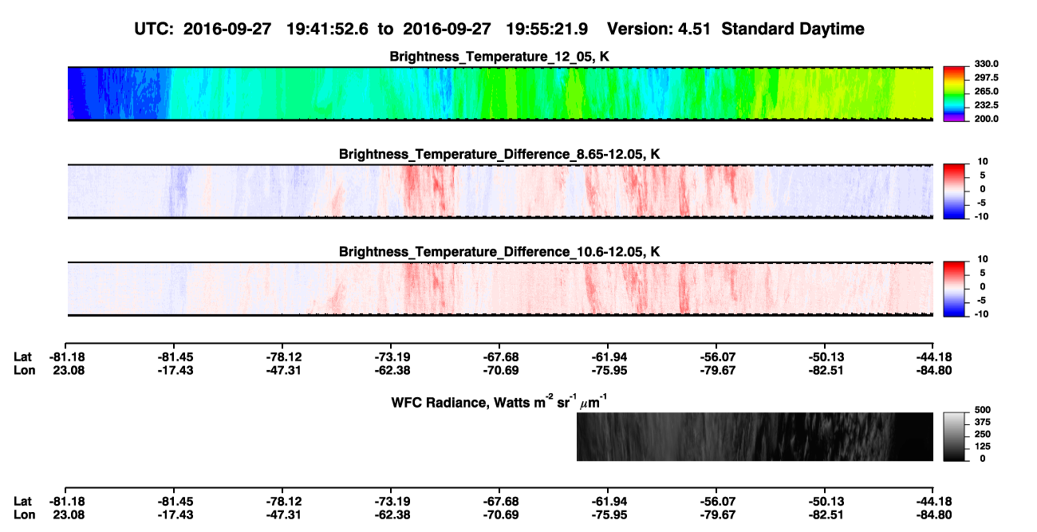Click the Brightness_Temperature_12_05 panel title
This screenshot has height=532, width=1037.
tap(499, 57)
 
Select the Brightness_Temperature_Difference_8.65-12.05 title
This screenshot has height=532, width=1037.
tap(499, 154)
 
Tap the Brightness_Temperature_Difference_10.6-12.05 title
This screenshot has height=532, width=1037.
tap(499, 252)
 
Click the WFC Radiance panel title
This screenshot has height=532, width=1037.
tap(499, 402)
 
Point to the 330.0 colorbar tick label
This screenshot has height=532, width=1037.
tap(986, 64)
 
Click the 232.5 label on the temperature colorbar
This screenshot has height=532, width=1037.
tap(986, 105)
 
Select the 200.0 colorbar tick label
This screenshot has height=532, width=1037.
tap(986, 119)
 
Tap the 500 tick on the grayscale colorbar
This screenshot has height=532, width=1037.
tap(983, 410)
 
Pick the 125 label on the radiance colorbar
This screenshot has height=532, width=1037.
tap(983, 447)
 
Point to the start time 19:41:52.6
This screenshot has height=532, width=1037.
tap(327, 30)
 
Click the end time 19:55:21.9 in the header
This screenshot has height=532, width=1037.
tap(546, 30)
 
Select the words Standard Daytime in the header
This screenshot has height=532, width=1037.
tap(793, 30)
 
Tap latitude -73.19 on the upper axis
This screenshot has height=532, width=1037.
tap(392, 357)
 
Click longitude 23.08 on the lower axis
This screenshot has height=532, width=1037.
tap(69, 515)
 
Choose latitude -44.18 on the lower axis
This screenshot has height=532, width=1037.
tap(934, 502)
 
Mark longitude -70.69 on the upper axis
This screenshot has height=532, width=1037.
tap(500, 371)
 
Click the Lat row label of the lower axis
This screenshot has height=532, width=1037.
tap(22, 502)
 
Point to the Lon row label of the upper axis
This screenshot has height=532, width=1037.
tap(25, 371)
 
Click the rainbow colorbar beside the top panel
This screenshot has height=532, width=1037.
tap(954, 94)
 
